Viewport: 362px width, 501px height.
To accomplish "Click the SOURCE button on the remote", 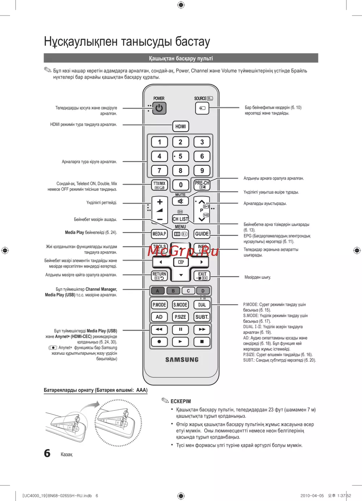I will coord(202,108).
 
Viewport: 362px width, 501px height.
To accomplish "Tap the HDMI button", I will coord(180,126).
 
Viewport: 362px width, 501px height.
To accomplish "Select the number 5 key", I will coord(180,156).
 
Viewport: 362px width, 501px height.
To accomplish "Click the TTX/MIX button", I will coord(159,185).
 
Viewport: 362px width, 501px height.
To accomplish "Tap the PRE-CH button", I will coord(202,185).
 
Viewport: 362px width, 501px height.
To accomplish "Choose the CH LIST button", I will coord(180,219).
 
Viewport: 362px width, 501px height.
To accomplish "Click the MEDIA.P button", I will coord(159,234).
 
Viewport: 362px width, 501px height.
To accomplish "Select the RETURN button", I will coord(159,276).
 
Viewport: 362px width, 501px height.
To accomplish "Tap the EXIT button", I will coord(202,276).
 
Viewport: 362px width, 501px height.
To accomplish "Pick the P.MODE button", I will coord(159,305).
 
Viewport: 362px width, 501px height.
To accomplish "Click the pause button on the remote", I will coord(180,329).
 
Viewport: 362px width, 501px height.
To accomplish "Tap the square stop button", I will coord(202,341).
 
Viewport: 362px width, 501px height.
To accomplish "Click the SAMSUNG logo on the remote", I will coord(182,359).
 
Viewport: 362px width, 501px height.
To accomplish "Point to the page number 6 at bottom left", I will coord(47,453).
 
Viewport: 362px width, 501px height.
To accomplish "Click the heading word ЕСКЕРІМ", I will coord(181,401).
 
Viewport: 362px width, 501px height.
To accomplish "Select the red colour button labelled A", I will coord(157,291).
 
